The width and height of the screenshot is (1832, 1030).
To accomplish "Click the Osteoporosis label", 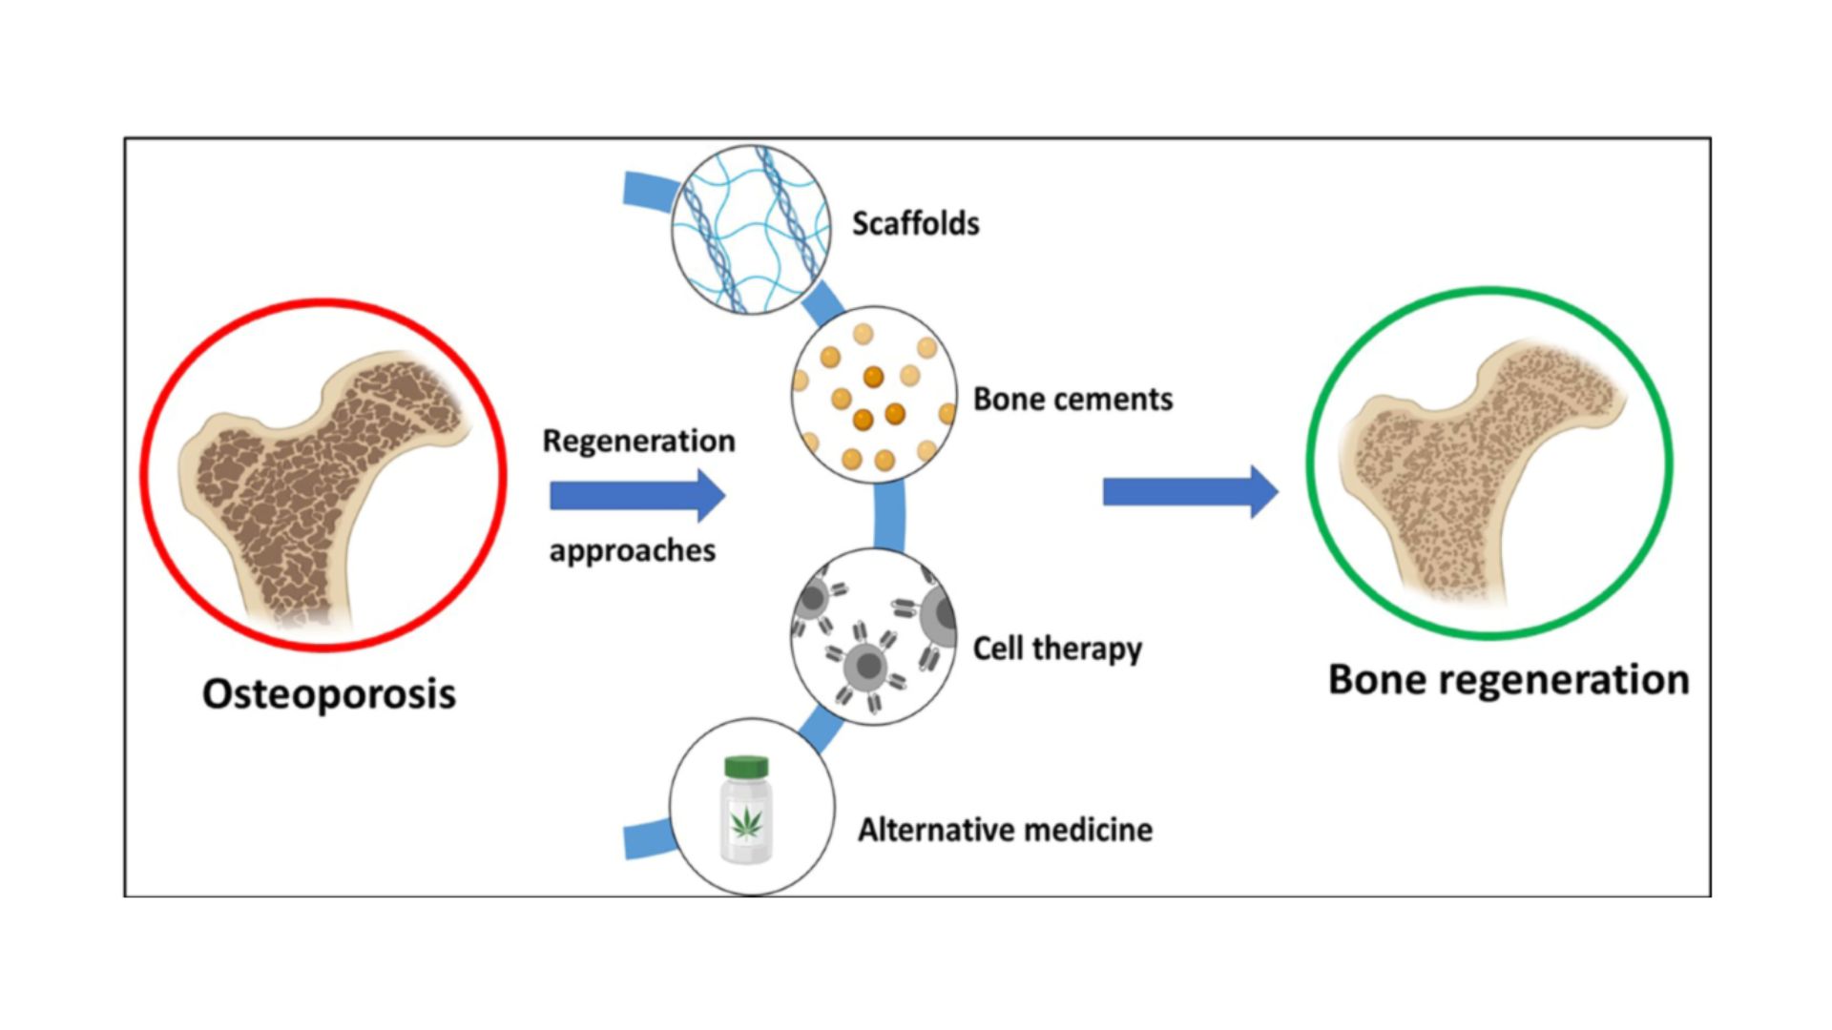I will coord(328,694).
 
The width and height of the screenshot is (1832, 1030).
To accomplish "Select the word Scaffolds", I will coord(915,223).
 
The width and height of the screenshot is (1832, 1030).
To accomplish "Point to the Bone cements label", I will coord(1072,399).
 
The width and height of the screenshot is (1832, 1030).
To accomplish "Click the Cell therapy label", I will coord(1056,649).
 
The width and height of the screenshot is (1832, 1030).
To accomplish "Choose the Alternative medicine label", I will coord(1005,830).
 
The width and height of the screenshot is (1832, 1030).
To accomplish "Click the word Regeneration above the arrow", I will coord(638,441).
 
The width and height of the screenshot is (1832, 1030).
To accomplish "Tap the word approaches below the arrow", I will coord(632,550).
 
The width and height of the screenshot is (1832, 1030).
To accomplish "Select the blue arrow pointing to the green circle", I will coord(1189,492).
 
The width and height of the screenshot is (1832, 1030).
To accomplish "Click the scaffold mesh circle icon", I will coord(750,230).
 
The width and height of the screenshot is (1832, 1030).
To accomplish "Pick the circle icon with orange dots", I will coord(873,395).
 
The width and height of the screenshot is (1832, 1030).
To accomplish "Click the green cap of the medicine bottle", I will coord(746,766).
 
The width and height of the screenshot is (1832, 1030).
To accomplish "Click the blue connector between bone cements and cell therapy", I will coord(888,516).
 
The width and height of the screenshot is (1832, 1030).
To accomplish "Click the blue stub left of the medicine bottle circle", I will coord(647,839).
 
